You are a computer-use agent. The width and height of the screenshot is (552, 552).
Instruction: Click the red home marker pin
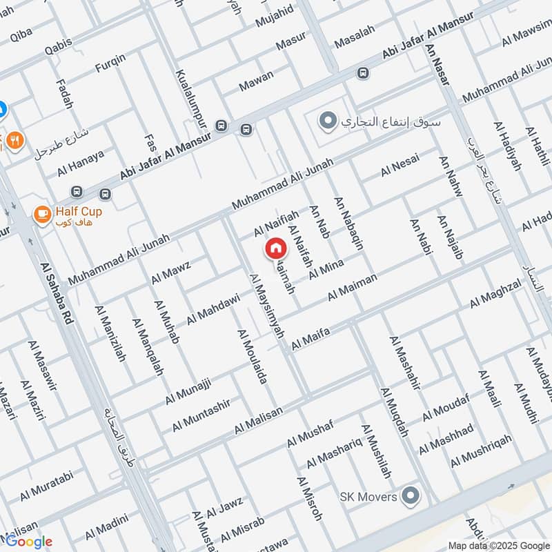point(275,248)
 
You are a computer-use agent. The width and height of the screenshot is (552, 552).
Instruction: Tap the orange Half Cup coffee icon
point(42,216)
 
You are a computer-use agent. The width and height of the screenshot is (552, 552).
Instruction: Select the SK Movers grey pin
point(411,495)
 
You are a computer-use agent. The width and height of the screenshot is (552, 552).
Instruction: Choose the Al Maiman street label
point(353,286)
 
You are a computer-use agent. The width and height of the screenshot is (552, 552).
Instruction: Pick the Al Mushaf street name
point(310,432)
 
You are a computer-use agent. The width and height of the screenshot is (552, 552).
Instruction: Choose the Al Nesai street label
point(400,166)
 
